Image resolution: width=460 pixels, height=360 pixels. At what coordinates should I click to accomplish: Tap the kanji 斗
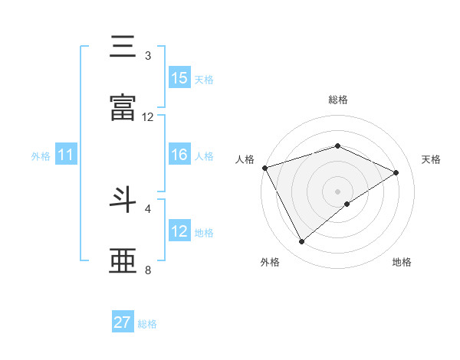pos(123,200)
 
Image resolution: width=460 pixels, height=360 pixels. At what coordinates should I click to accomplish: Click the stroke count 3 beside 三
pos(148,56)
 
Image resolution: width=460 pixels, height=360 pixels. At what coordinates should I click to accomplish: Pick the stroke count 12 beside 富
pos(148,117)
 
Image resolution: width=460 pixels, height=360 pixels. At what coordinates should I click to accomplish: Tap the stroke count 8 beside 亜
pos(148,270)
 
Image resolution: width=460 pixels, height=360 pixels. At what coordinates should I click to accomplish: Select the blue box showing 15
pos(179,77)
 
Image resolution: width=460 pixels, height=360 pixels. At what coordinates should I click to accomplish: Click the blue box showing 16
pos(179,155)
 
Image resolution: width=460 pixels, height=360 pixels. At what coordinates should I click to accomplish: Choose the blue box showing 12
pos(179,231)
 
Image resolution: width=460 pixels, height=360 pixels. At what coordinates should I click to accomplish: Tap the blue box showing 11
pos(66,155)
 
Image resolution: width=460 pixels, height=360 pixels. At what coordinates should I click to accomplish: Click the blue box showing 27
pos(123,322)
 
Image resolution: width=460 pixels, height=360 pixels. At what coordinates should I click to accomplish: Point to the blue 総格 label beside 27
pos(147,324)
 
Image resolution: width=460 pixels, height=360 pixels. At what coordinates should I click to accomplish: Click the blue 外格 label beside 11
pos(41,155)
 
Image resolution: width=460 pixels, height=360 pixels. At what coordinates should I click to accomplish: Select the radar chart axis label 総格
pos(338,100)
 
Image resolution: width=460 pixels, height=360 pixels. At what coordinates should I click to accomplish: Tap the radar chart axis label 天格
pos(431,159)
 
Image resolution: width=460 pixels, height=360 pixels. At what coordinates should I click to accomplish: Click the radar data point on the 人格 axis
pos(264,168)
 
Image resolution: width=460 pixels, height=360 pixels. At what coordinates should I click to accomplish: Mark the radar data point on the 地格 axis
pos(347,204)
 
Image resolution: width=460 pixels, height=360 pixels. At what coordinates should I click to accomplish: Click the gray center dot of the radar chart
pos(338,191)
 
